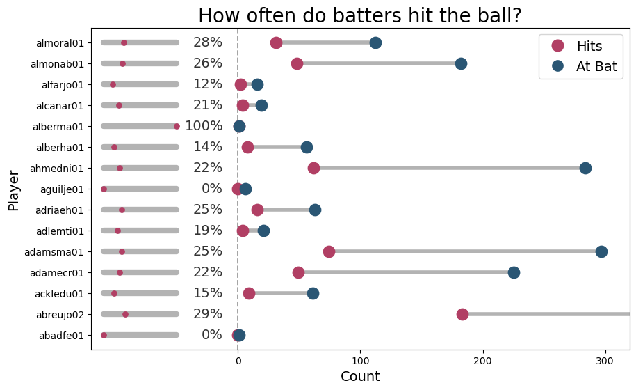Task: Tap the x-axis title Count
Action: (x=360, y=377)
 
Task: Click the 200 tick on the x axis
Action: (x=482, y=360)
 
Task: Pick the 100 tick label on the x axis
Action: (x=360, y=360)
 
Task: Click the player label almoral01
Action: (x=60, y=43)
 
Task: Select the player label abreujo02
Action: (x=60, y=315)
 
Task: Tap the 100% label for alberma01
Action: (x=204, y=126)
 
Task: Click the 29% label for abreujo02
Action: (x=208, y=314)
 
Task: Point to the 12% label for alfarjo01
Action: (x=208, y=84)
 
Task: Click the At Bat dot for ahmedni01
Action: (x=585, y=168)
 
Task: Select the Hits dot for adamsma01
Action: (x=329, y=251)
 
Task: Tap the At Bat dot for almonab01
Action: (x=461, y=63)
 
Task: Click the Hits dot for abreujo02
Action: (x=462, y=314)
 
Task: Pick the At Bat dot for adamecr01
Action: (x=514, y=272)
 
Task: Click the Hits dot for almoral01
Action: (x=276, y=42)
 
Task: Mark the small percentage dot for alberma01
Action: (x=177, y=126)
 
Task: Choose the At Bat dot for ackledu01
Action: (x=313, y=293)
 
